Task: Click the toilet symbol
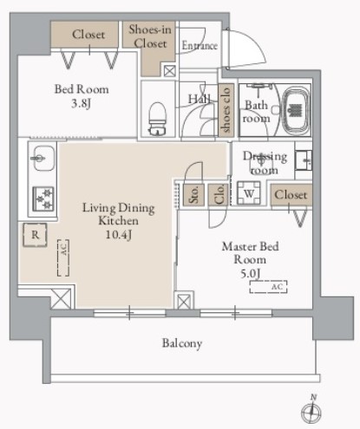pos(158,119)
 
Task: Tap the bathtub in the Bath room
pos(296,111)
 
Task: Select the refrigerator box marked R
pos(35,235)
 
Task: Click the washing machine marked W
pos(249,193)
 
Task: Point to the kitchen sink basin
pos(43,158)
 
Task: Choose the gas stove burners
pos(43,198)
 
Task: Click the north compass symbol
pos(311,410)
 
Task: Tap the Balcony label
pos(182,343)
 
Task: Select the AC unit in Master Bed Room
pos(268,287)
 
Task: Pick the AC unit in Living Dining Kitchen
pos(63,257)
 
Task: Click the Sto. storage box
pos(193,195)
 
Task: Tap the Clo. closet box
pos(219,195)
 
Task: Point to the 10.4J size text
pos(119,234)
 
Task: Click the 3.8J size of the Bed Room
pos(82,103)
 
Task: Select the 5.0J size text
pos(251,273)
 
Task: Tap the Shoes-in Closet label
pos(150,36)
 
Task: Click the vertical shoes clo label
pos(226,110)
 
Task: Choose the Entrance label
pos(200,46)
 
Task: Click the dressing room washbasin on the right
pos(304,159)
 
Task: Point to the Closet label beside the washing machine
pos(291,195)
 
